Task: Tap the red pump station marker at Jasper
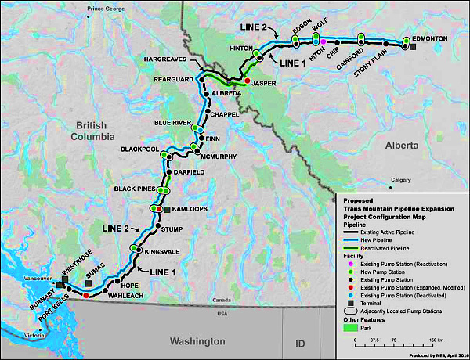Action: pyautogui.click(x=248, y=81)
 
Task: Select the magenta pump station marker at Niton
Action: pyautogui.click(x=324, y=41)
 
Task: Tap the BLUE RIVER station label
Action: pyautogui.click(x=172, y=123)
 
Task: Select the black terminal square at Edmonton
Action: pyautogui.click(x=414, y=48)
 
